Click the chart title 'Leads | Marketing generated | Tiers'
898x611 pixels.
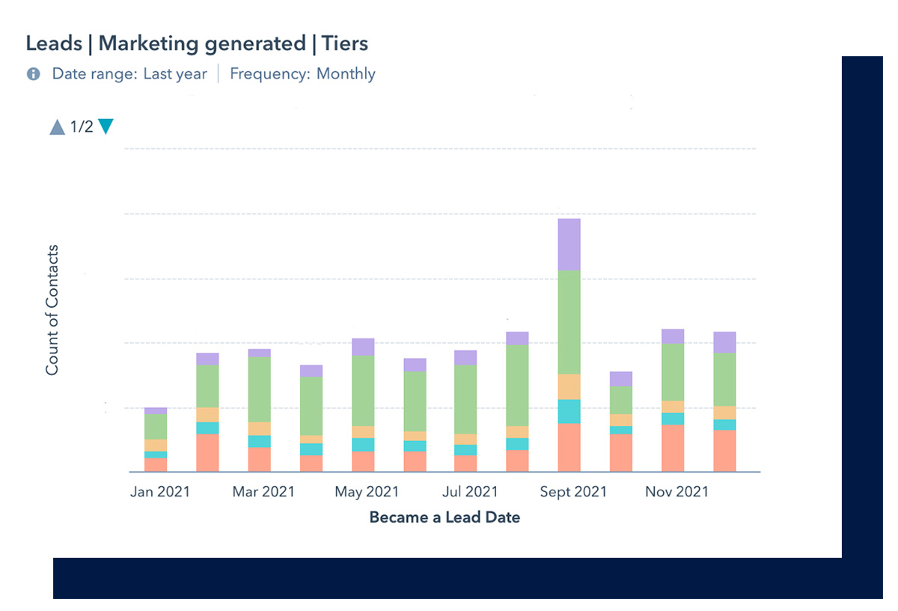coord(197,43)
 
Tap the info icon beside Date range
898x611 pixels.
coord(33,74)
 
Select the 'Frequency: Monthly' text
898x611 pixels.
coord(302,74)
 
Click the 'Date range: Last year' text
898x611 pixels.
coord(129,74)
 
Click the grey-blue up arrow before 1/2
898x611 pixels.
coord(58,127)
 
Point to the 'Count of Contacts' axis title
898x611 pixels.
coord(52,310)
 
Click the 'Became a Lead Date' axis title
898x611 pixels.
coord(445,517)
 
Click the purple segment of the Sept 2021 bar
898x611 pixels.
coord(569,245)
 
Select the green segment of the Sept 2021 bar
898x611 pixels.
coord(569,322)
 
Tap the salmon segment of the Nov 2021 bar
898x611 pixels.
coord(673,448)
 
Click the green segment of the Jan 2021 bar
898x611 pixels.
coord(156,427)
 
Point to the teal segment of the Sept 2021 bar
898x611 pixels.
coord(569,411)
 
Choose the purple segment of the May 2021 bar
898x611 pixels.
coord(363,347)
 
